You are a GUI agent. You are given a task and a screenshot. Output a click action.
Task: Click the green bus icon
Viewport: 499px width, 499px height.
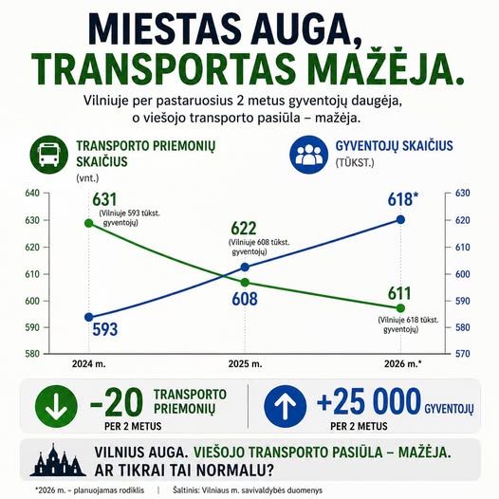coord(48,155)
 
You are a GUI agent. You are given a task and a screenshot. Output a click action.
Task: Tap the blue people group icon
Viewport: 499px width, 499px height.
coord(308,155)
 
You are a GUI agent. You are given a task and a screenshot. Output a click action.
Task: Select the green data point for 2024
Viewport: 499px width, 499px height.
coord(89,223)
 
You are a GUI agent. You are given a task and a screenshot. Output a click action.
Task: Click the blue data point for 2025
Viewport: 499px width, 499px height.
coord(245,268)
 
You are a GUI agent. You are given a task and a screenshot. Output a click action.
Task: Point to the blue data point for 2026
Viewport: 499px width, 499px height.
coord(400,219)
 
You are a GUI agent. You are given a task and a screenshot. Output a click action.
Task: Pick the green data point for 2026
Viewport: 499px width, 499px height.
coord(400,308)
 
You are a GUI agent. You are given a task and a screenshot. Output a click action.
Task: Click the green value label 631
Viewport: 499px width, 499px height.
coord(104,199)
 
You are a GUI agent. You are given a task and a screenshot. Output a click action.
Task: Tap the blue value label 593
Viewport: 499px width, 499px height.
coord(105,329)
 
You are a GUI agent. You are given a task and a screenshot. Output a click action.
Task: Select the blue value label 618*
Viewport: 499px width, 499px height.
coord(403,199)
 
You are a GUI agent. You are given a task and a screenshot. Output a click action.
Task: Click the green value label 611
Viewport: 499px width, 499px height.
coord(399,293)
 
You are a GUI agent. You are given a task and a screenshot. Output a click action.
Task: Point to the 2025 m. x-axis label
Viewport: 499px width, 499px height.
coord(245,363)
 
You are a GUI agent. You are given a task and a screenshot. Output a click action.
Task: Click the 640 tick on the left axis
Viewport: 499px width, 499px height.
coord(32,194)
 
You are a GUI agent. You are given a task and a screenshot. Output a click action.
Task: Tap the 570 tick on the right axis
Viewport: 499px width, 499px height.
coord(462,354)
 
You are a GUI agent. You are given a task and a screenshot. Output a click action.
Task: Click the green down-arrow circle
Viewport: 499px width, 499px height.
coord(56,406)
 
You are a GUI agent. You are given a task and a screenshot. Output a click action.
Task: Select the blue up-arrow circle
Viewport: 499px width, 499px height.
coord(286,406)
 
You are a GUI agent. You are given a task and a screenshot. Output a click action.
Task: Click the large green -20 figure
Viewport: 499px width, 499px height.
coord(117,402)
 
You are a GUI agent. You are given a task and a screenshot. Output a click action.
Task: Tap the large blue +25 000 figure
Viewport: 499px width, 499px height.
coord(369,401)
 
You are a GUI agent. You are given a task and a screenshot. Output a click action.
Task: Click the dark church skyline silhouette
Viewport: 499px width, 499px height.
coord(58,460)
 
